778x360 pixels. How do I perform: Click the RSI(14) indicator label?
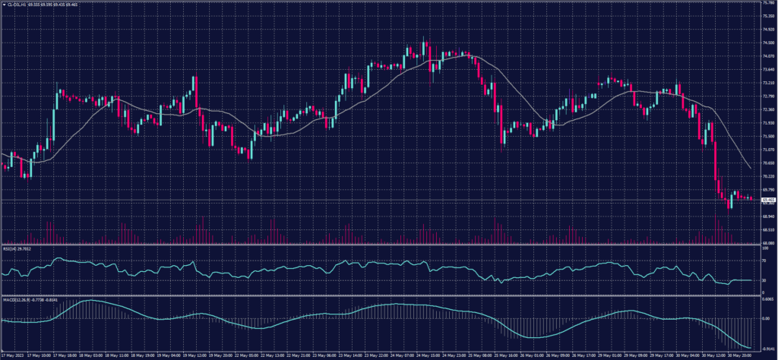[x=11, y=247]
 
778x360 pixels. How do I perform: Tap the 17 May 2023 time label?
[x=12, y=354]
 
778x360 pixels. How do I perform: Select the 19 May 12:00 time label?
[x=195, y=354]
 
